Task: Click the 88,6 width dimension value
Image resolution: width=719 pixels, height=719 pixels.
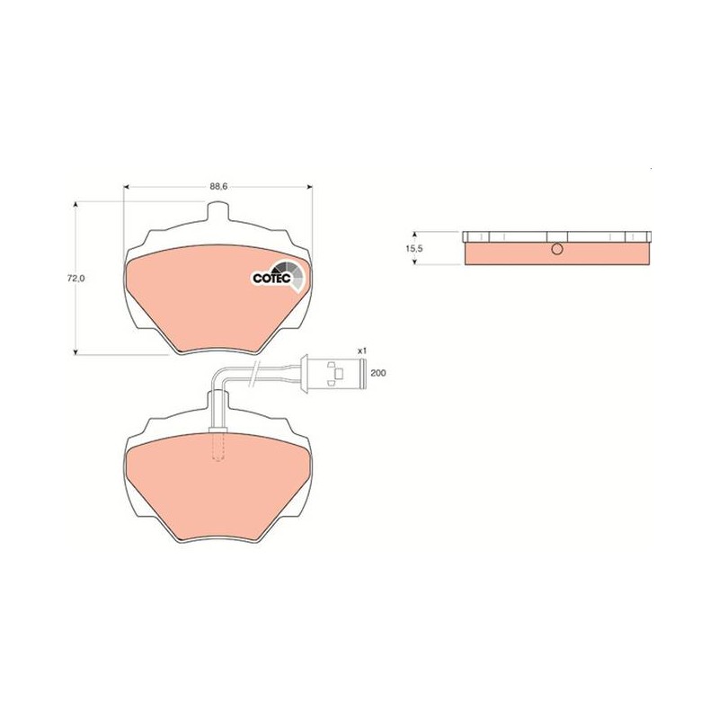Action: [x=218, y=186]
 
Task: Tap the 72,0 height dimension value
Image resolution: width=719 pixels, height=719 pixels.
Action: [x=77, y=278]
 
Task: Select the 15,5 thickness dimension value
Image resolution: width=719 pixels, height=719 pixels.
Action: [x=413, y=248]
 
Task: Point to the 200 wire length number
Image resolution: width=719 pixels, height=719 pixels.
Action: [x=377, y=373]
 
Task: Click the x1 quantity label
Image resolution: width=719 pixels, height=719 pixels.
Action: [x=362, y=351]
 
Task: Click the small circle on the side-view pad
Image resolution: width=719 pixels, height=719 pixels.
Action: [x=557, y=249]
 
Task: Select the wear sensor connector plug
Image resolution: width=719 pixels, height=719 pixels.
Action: [x=333, y=373]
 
